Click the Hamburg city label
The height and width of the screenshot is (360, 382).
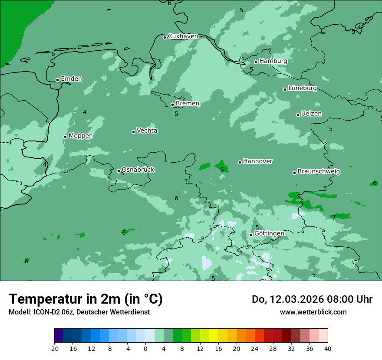pos(273,61)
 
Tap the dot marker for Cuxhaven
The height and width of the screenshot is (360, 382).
pos(165,37)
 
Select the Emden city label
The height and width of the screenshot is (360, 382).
pos(71,79)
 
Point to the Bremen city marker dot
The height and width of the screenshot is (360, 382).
pos(172,105)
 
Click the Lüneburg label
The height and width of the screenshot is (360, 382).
pos(302,88)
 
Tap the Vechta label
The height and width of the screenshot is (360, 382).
pos(147,131)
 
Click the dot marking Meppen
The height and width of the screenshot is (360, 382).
pos(65,137)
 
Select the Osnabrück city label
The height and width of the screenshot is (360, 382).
pos(138,170)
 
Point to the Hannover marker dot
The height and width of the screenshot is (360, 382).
pos(240,162)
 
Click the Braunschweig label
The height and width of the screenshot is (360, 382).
pos(319,171)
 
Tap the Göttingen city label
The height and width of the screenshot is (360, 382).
pos(269,233)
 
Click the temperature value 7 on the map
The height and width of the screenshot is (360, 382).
pos(334,217)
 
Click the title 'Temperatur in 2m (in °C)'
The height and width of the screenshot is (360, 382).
pos(86,299)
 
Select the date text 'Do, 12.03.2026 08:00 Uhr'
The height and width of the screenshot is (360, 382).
pos(312,299)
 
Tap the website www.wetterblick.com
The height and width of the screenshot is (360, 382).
pos(313,312)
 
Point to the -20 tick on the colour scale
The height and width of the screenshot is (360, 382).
pos(54,349)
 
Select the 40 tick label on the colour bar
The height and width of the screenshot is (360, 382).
pos(327,349)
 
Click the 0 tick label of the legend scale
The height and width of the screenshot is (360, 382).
pos(145,349)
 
